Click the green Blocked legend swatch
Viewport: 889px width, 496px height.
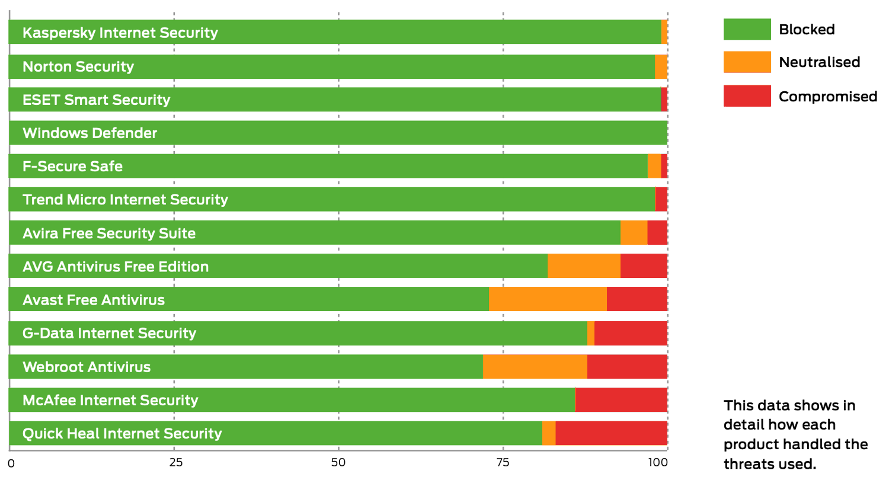[x=747, y=29]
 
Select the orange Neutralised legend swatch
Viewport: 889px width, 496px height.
[x=747, y=62]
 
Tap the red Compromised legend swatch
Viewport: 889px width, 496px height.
[x=747, y=96]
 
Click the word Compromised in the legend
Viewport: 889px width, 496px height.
[x=827, y=97]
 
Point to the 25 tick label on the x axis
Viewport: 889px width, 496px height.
[x=175, y=463]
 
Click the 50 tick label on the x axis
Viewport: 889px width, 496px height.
[x=338, y=463]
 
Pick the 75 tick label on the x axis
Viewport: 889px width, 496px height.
[x=503, y=463]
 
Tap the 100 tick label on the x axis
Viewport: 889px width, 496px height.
[x=658, y=463]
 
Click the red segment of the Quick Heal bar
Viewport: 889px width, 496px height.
[x=611, y=433]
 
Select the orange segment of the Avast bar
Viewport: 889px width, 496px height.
[x=548, y=299]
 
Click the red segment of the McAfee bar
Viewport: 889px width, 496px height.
[x=621, y=400]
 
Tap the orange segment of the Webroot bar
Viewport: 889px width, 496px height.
[x=535, y=367]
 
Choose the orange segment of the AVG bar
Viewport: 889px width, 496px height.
[x=584, y=266]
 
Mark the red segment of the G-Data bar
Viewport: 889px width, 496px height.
[x=631, y=333]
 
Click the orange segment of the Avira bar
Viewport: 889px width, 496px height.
[x=634, y=233]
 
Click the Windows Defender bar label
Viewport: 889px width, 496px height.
[x=89, y=133]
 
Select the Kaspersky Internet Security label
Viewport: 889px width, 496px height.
[x=120, y=33]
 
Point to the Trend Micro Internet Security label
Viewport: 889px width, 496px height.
[x=125, y=200]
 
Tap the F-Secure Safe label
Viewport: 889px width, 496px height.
[x=72, y=167]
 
